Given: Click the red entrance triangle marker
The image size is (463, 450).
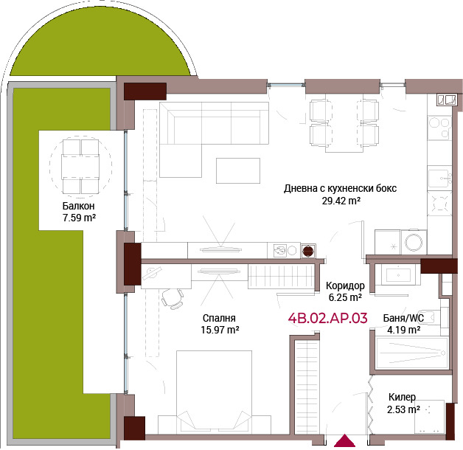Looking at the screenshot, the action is pos(344,440).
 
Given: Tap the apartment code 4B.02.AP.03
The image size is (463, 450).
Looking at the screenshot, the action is pos(328,318).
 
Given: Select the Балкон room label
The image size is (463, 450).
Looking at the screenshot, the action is pos(79,206).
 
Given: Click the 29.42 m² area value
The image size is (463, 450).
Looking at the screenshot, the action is pos(341,201).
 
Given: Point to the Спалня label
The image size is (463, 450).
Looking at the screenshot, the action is pos(219,318).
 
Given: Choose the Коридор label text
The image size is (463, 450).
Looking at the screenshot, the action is pos(345,285).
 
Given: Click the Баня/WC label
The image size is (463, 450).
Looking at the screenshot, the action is pos(403,318).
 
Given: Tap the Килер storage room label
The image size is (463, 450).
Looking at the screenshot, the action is pos(402,397).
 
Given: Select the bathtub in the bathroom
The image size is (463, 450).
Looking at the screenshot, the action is pos(412,353).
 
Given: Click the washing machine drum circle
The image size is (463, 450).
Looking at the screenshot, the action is pos(414,242).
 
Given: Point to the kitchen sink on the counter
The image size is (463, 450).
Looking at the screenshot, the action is pos(439,179).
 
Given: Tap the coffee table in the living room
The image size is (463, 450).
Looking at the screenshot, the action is pos(238,170).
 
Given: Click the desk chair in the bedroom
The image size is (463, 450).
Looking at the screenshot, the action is pos(173,298).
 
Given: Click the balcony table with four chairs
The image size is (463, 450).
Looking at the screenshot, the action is pos(80,167).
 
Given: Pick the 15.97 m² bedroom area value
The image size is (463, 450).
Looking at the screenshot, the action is pos(220,330).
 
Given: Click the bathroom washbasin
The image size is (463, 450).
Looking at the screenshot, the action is pos(398,275).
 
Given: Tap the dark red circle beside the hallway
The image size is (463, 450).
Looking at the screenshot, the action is pos(308,251).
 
